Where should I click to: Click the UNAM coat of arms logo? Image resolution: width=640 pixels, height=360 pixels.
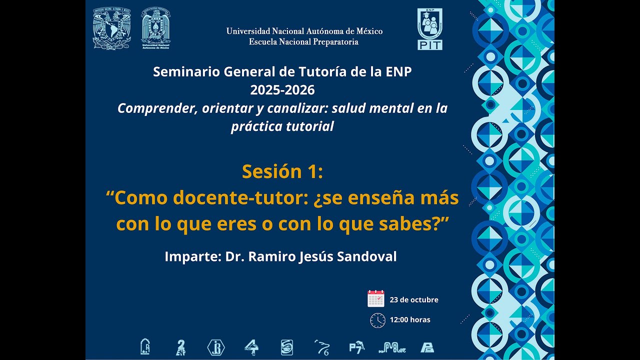[111, 28]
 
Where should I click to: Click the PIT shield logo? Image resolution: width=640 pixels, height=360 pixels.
[429, 29]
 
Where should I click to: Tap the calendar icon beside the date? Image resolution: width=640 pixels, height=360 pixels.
[376, 298]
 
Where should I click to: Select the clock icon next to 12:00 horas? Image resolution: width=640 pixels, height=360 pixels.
[377, 320]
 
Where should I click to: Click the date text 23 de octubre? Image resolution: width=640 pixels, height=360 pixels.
[414, 300]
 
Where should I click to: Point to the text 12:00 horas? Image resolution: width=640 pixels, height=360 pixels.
[410, 320]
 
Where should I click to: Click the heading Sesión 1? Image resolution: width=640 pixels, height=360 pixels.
[282, 171]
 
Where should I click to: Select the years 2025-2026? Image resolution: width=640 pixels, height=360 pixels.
[282, 90]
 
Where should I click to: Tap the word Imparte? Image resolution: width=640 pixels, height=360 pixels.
[192, 257]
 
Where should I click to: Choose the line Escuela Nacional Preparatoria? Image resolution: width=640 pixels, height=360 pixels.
[303, 42]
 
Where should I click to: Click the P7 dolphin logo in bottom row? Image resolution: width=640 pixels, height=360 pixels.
[356, 346]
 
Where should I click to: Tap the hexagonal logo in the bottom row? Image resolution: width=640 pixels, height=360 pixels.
[216, 347]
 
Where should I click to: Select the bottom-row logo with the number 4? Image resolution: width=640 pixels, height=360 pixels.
[251, 346]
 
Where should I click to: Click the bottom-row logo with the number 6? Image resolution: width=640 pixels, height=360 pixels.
[321, 346]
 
